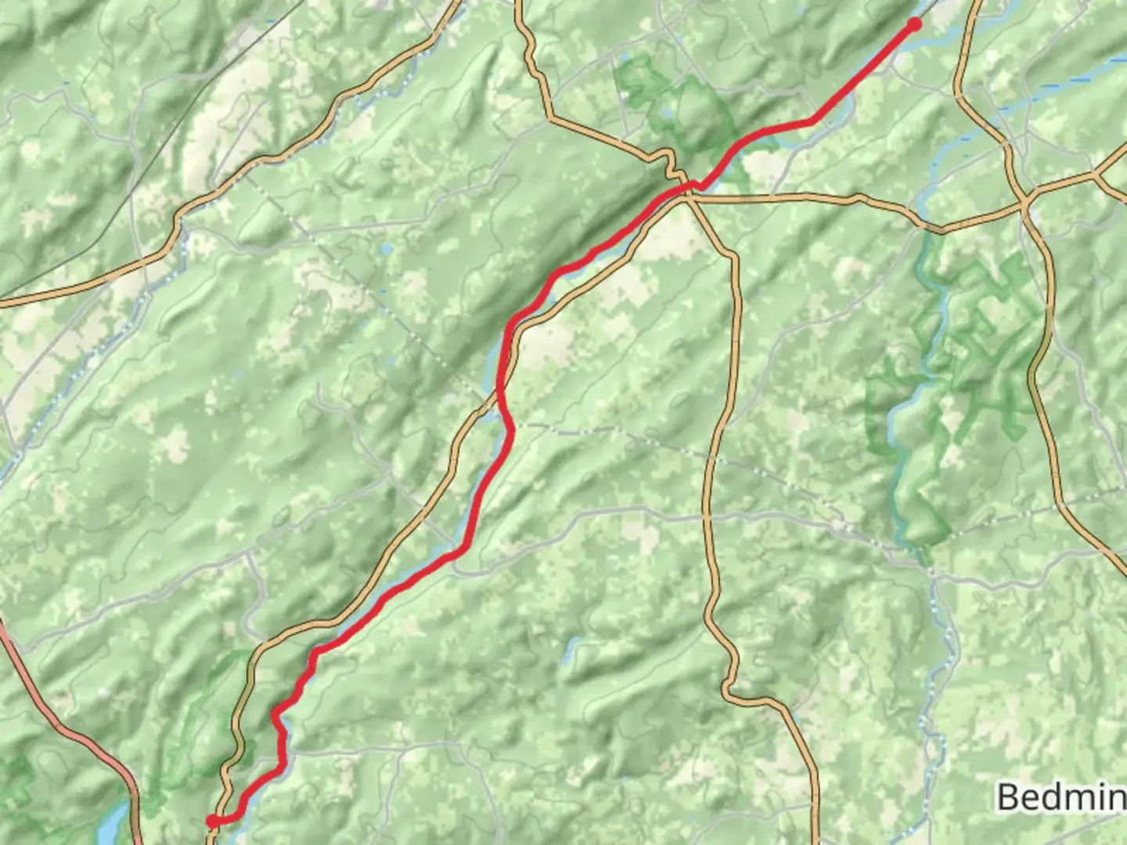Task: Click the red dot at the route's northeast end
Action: tap(913, 25)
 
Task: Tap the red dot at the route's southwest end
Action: tap(212, 821)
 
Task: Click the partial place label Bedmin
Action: tap(1061, 797)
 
